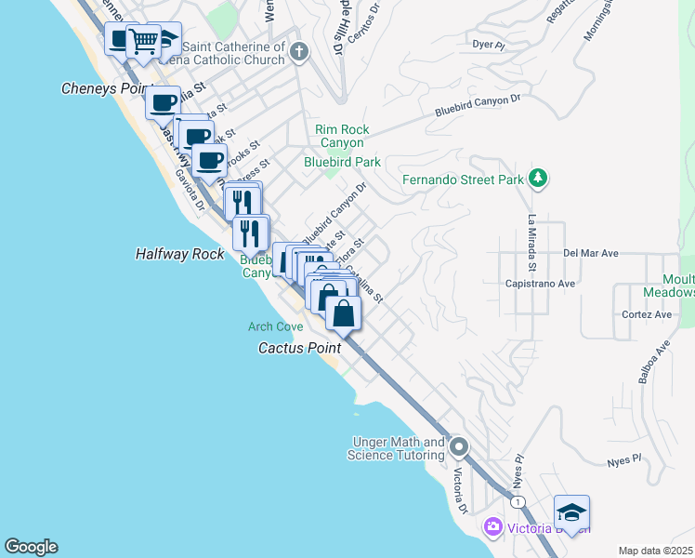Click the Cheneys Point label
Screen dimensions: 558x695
(106, 88)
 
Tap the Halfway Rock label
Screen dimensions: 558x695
(180, 253)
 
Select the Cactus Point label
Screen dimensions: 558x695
(299, 347)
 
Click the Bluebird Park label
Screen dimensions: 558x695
(343, 162)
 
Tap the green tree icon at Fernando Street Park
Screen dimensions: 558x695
(537, 178)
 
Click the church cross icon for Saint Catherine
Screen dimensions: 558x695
(298, 51)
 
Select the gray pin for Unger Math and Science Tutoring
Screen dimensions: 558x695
(458, 448)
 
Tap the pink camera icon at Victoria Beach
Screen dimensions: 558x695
(492, 528)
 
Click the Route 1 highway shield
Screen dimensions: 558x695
(518, 501)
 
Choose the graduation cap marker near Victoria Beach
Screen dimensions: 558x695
(571, 512)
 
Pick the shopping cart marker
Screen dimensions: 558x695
(143, 41)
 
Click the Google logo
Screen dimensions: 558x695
(31, 547)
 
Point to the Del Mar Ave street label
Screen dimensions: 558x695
(591, 253)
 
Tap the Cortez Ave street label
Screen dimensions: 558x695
(649, 314)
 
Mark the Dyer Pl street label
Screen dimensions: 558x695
(488, 44)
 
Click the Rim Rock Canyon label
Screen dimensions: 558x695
(342, 136)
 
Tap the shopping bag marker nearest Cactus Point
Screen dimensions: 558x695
(344, 313)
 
